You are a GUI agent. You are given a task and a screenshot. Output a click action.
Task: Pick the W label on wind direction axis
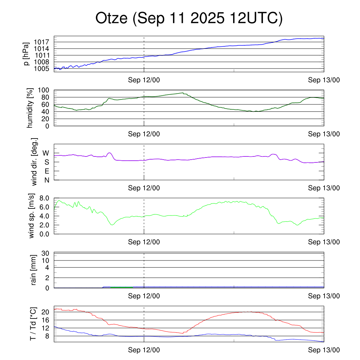tap(46, 153)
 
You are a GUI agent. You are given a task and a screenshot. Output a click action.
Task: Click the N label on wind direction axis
tap(46, 180)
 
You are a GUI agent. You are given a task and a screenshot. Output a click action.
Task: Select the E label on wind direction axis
tap(46, 171)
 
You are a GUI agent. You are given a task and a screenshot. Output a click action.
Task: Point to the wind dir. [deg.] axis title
tap(34, 162)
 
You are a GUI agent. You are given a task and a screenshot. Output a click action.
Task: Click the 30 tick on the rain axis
tap(46, 253)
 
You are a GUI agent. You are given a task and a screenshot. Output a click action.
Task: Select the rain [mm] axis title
tap(34, 270)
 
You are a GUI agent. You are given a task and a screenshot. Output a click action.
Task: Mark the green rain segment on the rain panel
tap(121, 287)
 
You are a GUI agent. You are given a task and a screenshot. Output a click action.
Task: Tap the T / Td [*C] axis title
tap(33, 323)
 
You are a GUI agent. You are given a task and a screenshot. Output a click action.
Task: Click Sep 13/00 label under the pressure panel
tap(324, 80)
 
